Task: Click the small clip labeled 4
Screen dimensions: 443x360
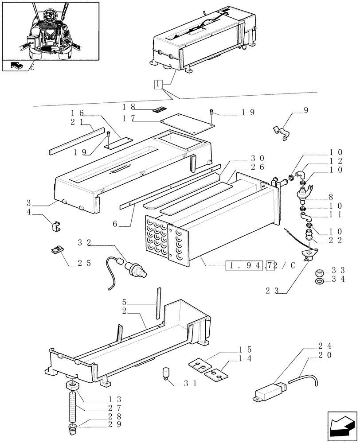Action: point(56,226)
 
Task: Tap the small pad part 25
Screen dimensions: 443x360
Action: point(57,250)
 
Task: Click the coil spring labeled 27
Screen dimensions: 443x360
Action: point(73,407)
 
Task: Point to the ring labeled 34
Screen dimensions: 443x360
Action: point(319,281)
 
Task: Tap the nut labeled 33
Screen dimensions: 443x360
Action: point(319,272)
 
